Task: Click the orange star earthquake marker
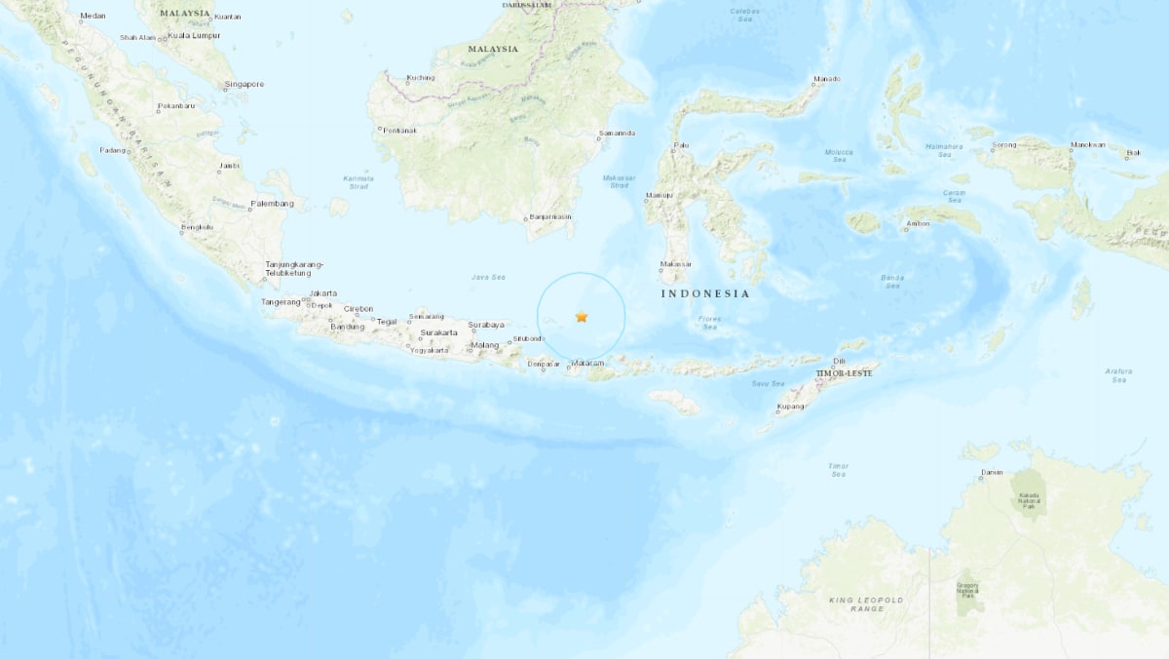coord(582,317)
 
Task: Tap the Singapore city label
coord(244,85)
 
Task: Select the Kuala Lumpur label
coord(194,36)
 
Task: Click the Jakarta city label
coord(322,293)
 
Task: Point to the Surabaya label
coord(486,325)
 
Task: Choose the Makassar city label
coord(675,264)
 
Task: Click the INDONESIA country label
coord(705,293)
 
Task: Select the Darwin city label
coord(992,473)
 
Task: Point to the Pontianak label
coord(399,131)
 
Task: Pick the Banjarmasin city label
coord(550,217)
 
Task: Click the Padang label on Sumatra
coord(113,150)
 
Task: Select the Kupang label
coord(791,407)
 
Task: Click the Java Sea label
coord(488,278)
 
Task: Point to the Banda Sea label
coord(892,281)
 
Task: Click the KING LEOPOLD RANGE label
coord(866,604)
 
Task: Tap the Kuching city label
coord(421,77)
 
